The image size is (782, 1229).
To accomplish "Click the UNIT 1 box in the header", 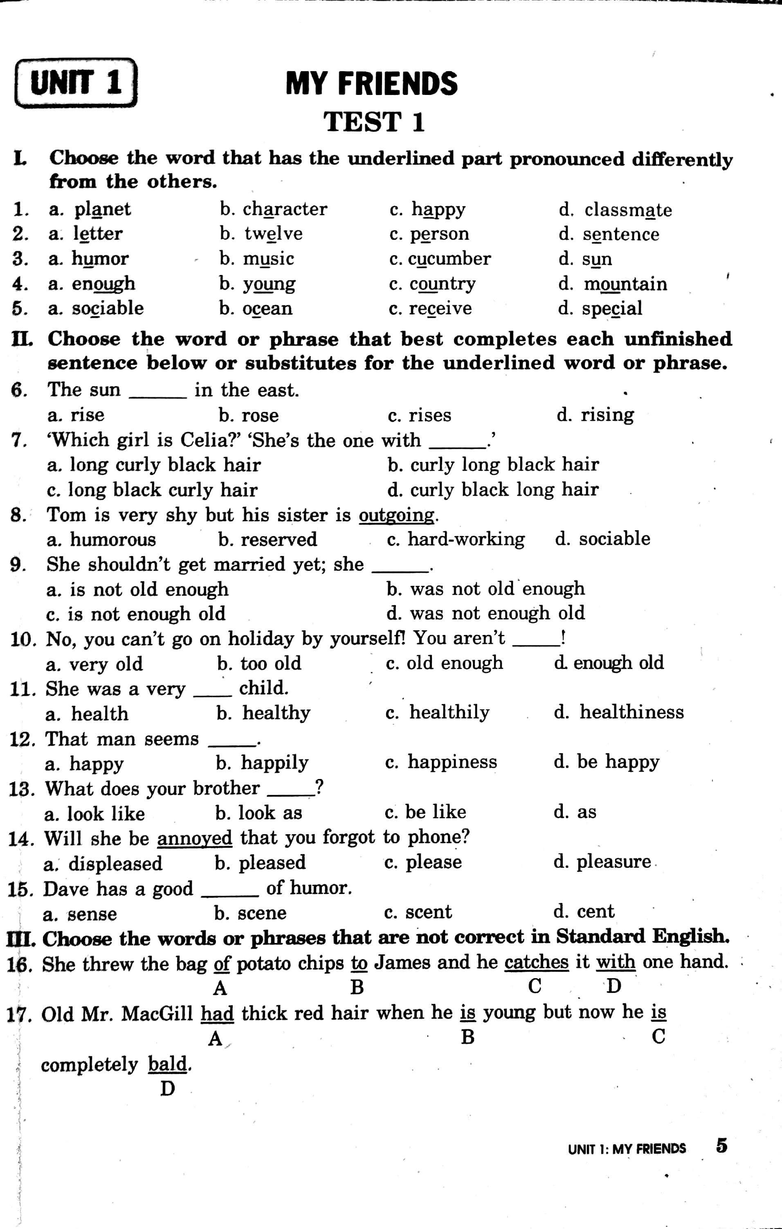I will (x=76, y=83).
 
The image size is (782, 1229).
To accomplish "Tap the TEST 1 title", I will (x=374, y=122).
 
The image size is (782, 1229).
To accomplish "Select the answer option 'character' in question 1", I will (x=284, y=209).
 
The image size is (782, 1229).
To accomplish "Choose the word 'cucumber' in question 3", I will (x=449, y=259).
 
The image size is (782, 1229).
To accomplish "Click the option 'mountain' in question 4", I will (x=625, y=284).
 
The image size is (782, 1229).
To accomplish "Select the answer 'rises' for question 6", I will (x=429, y=415).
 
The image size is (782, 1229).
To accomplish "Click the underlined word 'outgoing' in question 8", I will (x=397, y=515).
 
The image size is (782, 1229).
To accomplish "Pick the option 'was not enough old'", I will (x=497, y=613).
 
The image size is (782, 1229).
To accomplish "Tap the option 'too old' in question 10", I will (x=270, y=664).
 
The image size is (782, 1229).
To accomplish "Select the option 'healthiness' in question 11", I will (x=631, y=712).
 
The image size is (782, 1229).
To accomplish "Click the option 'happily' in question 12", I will (x=274, y=763).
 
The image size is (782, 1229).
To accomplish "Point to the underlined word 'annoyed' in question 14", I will (x=194, y=838).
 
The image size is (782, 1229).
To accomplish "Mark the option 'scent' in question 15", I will (x=429, y=912).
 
